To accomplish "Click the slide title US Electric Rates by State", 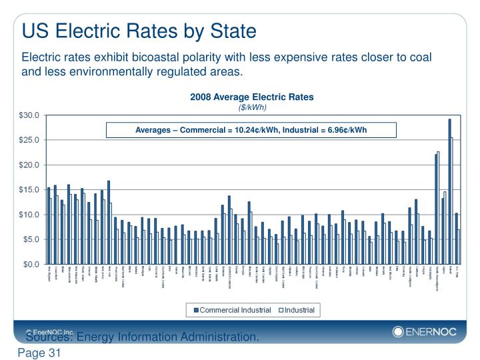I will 139,31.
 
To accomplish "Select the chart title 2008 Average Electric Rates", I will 251,97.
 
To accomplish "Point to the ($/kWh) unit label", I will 251,107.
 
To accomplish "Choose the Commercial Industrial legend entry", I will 227,309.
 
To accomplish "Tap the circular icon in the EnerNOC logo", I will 399,331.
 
